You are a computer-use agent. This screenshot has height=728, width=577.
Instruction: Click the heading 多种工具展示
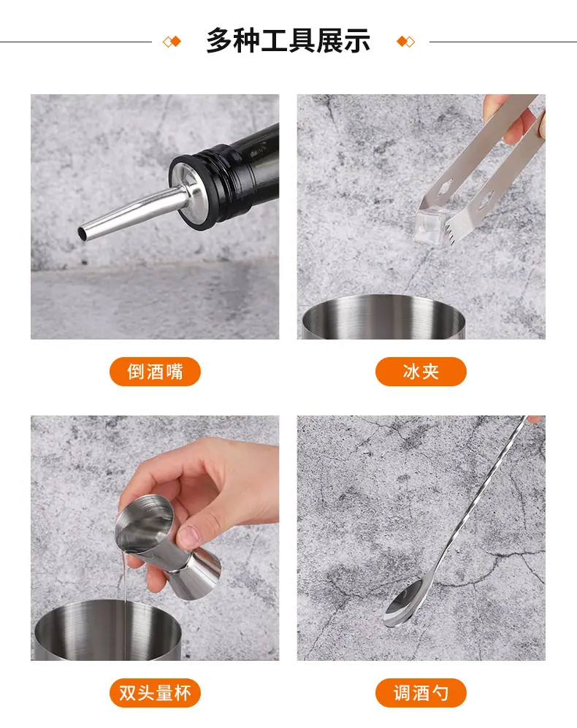pyautogui.click(x=288, y=41)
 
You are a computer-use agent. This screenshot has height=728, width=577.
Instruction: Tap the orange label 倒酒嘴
pyautogui.click(x=155, y=372)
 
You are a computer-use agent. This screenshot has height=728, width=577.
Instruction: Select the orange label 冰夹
pyautogui.click(x=421, y=372)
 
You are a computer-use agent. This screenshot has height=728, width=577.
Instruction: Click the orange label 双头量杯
pyautogui.click(x=155, y=693)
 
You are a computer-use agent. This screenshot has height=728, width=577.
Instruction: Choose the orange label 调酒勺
pyautogui.click(x=421, y=693)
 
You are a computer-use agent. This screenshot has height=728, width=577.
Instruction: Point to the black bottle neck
pyautogui.click(x=232, y=172)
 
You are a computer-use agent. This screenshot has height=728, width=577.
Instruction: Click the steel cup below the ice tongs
pyautogui.click(x=383, y=318)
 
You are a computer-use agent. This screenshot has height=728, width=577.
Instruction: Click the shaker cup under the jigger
pyautogui.click(x=108, y=630)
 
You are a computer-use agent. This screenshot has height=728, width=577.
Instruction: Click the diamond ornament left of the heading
pyautogui.click(x=172, y=42)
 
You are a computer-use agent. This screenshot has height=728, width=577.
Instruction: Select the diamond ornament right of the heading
pyautogui.click(x=405, y=42)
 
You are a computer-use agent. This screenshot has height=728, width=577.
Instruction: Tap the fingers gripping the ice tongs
pyautogui.click(x=516, y=118)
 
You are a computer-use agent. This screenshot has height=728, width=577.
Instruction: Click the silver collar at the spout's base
pyautogui.click(x=186, y=191)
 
